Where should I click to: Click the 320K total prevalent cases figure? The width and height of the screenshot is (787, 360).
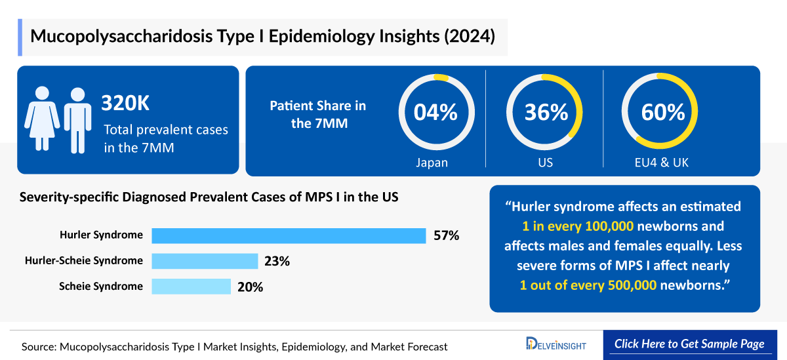pos(129,104)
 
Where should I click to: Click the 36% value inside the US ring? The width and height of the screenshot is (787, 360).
pos(545,112)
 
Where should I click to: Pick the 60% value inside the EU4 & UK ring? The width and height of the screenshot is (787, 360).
pos(662,112)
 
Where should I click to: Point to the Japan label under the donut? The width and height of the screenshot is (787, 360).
pos(432,163)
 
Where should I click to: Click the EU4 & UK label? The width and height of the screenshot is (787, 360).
pos(662,163)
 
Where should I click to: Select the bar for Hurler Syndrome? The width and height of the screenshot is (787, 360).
pos(289,235)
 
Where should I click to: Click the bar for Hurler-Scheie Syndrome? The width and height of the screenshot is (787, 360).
pos(205,261)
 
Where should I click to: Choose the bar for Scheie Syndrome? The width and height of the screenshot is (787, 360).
pos(191,287)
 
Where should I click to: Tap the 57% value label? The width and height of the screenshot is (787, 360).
pos(446,235)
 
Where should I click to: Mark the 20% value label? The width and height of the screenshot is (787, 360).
pos(250,287)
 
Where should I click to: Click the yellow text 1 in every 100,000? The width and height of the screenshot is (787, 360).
pos(576,227)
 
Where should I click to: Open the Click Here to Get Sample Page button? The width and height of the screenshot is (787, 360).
pos(689,344)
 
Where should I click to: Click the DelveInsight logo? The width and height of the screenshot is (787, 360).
pos(556,344)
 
